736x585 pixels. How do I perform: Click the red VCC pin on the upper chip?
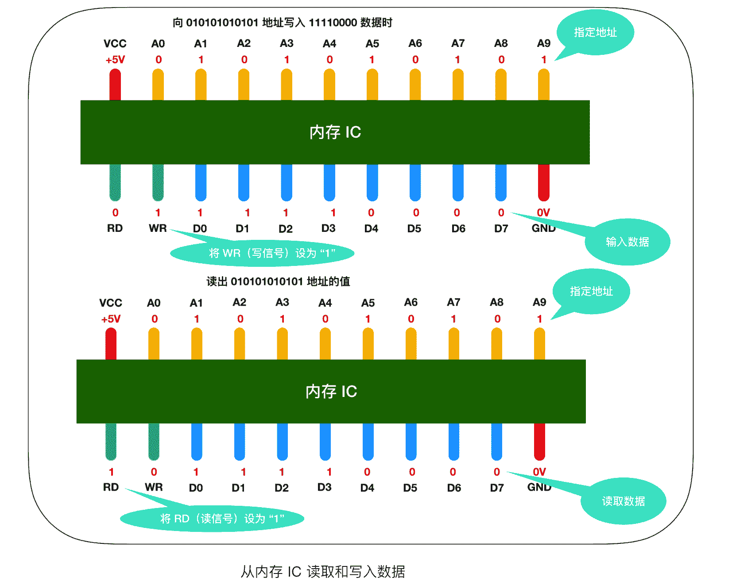coord(115,85)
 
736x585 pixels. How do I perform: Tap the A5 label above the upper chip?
coord(372,44)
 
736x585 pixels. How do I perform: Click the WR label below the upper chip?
coord(158,228)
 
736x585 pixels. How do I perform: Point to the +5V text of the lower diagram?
coord(111,319)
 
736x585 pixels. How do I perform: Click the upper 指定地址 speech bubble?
coord(595,33)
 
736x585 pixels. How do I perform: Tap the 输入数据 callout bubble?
coord(627,242)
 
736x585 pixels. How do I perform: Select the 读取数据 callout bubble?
coord(623,501)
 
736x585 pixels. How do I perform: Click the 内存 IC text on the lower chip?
coord(331,392)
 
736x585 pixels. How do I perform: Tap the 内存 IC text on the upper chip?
coord(335,132)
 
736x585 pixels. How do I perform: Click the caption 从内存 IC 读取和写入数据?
coord(322,572)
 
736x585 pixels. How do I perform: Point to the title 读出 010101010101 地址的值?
coord(278,281)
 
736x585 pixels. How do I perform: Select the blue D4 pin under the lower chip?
coord(368,442)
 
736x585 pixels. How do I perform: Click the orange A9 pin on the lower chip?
coord(539,344)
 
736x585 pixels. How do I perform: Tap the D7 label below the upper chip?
coord(501,229)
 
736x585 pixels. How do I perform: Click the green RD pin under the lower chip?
coord(111,442)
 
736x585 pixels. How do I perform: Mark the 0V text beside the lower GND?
coord(539,472)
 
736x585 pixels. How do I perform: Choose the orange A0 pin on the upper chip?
coord(158,85)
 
